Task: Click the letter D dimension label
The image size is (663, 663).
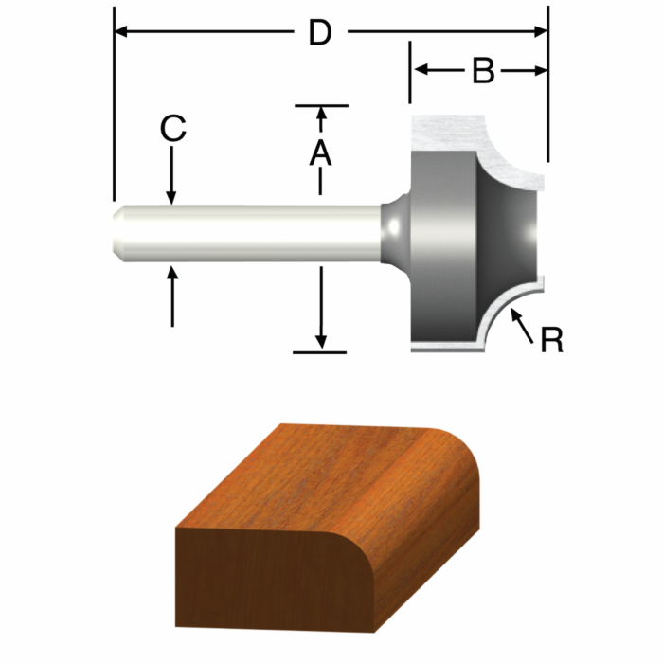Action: click(x=319, y=33)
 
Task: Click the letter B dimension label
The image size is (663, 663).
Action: click(x=483, y=71)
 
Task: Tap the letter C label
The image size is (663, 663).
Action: click(x=171, y=129)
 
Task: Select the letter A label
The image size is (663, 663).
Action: click(x=321, y=152)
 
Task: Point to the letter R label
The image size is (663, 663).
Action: click(x=551, y=340)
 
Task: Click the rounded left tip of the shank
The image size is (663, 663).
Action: click(x=116, y=230)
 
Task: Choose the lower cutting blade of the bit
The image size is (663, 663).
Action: click(x=455, y=336)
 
